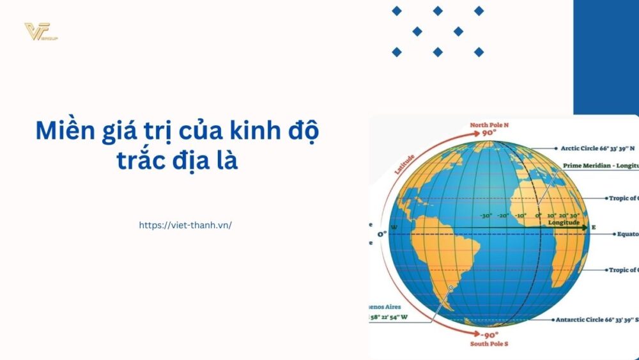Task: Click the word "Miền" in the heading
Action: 64,131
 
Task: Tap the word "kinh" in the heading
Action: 244,131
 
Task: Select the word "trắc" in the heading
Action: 141,159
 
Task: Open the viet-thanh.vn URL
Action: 185,225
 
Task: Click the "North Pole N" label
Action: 489,125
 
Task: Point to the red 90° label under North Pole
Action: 489,134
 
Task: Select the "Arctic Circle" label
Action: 597,148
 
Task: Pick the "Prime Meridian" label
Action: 601,166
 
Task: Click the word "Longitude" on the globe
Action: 564,223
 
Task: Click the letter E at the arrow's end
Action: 593,227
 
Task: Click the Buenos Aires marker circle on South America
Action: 451,288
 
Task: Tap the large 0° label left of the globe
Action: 382,234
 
